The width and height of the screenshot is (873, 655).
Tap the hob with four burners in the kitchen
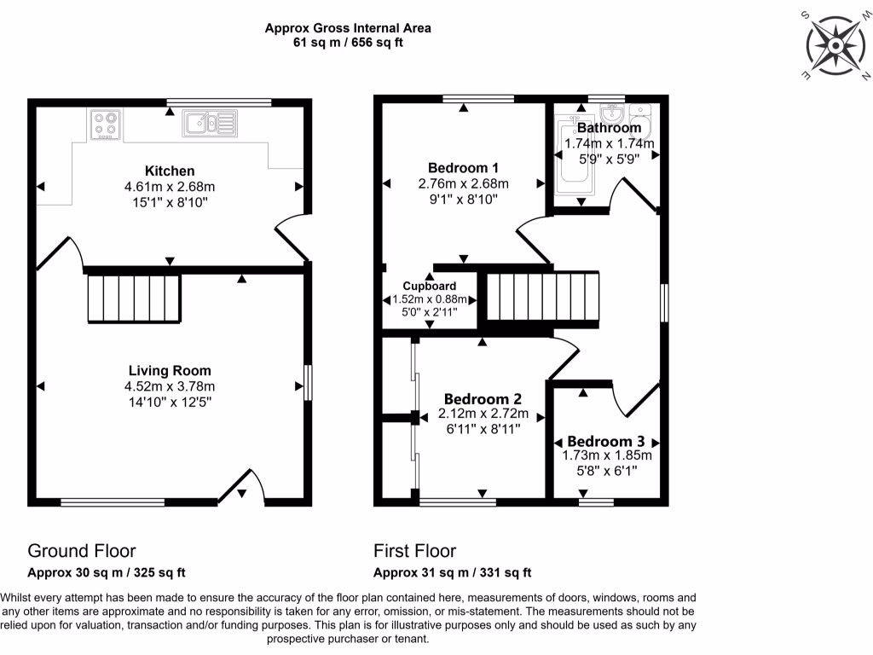coord(106,125)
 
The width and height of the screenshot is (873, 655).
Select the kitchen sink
coord(209,124)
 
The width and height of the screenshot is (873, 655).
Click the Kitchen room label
coord(170,171)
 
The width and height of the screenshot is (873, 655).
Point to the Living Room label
coord(170,371)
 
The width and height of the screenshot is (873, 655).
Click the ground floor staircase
coord(134,298)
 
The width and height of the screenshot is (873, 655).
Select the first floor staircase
coord(543,299)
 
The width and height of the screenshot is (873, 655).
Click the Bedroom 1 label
coord(463,168)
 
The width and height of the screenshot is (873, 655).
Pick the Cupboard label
coord(429,286)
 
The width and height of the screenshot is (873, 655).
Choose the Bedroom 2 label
coord(483,399)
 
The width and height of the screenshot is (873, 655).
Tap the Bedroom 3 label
coord(605,442)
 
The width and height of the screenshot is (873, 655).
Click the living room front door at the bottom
coord(242,488)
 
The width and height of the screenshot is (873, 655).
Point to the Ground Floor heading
coord(82,551)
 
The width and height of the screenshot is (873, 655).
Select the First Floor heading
coord(414,551)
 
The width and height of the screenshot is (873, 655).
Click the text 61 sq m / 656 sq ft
coord(347,42)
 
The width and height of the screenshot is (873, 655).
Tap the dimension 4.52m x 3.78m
coord(170,385)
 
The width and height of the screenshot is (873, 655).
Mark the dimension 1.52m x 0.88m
coord(429,299)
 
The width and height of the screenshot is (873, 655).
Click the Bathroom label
coord(609,129)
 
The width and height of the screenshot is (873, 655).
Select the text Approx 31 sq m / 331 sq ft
coord(452,572)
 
